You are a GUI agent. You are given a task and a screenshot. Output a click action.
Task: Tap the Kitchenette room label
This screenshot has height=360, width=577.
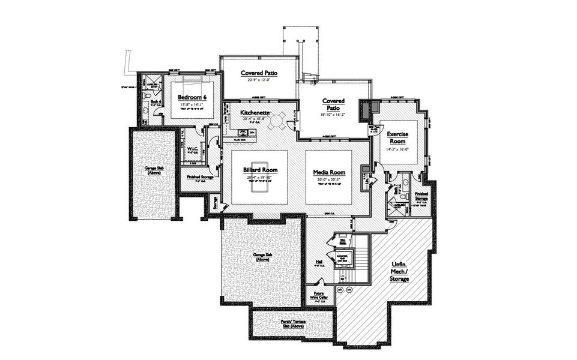coord(255,112)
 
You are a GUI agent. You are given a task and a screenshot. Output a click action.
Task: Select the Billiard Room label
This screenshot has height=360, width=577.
coord(259,170)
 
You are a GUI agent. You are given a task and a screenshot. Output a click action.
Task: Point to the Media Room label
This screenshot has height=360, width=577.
coord(327,172)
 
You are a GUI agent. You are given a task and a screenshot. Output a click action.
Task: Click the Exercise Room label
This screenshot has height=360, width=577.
coord(398,137)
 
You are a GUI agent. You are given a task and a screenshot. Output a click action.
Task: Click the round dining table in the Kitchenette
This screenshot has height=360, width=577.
coord(277,122)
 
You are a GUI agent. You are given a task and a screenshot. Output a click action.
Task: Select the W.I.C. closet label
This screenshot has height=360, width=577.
coord(193,148)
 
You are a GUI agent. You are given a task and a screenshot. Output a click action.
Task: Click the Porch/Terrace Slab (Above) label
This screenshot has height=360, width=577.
coord(290,325)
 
